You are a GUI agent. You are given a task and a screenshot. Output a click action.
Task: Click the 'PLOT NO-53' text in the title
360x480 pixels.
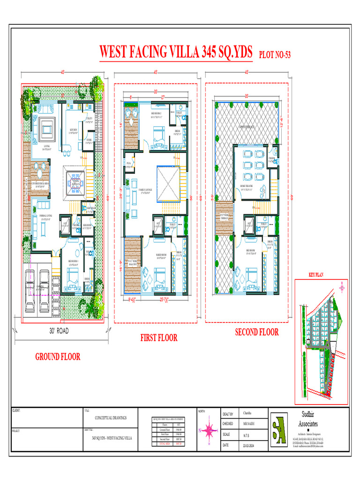click(275, 55)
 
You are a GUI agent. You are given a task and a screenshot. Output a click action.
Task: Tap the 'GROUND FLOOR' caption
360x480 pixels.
click(58, 357)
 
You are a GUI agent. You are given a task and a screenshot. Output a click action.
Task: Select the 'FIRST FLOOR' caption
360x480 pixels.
click(159, 337)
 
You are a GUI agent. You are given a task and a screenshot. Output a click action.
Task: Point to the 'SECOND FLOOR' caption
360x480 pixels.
click(256, 332)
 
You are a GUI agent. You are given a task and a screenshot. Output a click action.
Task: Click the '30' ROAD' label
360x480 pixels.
click(59, 331)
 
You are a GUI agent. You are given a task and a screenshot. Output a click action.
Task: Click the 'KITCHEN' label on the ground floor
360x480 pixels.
click(74, 130)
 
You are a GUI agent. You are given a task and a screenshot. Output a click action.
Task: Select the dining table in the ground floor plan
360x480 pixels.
click(75, 180)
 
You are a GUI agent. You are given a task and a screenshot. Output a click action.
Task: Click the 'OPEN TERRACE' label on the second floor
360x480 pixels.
click(248, 126)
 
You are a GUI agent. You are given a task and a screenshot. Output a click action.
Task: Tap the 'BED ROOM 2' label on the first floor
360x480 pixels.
click(157, 113)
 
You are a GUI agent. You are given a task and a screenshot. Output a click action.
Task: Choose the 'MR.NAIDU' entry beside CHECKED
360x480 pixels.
click(250, 423)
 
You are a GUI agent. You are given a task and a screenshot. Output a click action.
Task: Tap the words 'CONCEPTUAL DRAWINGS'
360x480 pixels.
click(110, 417)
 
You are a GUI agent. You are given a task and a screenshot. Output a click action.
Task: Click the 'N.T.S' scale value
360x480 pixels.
click(247, 435)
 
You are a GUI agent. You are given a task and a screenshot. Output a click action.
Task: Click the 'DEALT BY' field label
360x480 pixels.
click(228, 414)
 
